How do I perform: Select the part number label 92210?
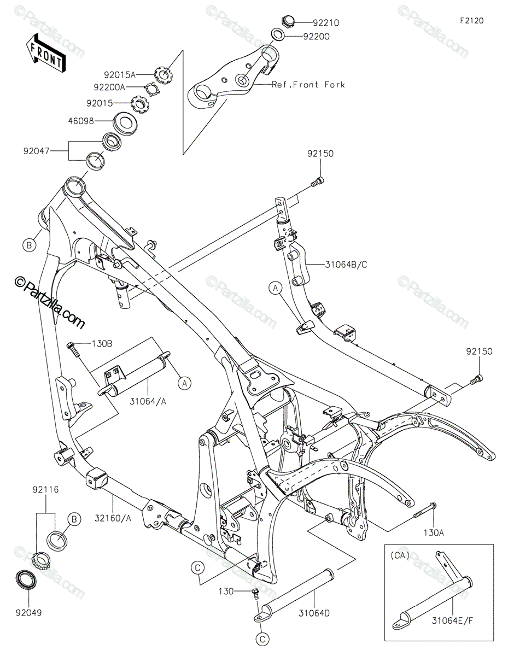click(x=326, y=23)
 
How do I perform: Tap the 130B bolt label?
click(x=102, y=344)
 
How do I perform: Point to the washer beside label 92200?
click(x=278, y=37)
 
